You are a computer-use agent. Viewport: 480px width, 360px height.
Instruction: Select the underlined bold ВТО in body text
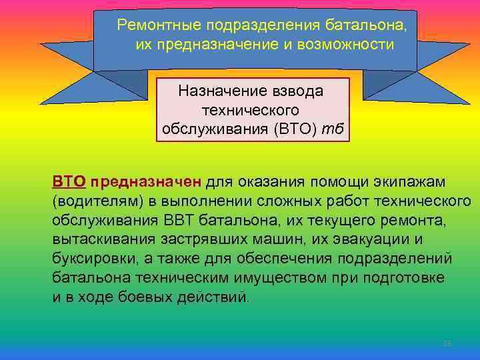67,182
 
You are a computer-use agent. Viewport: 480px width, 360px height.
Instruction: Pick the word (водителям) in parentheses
89,201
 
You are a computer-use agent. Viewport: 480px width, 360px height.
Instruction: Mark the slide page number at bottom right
447,344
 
